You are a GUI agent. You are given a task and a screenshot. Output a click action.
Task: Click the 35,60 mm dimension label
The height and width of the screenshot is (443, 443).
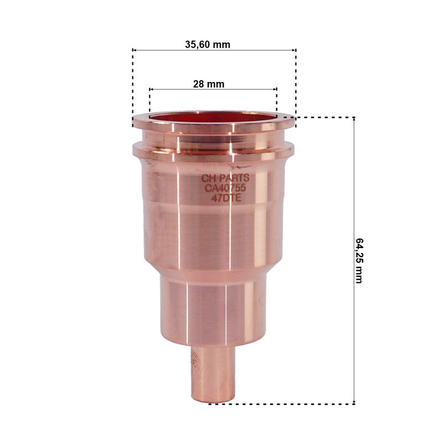(208, 45)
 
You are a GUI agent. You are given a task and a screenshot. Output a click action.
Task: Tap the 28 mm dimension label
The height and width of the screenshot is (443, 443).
(209, 84)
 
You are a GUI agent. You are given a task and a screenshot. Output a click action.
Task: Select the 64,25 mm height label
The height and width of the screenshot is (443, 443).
(359, 261)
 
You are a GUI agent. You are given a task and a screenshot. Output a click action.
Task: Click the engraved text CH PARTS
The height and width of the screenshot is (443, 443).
(225, 178)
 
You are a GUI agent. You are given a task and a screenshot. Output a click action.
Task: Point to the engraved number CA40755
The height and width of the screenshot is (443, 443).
(225, 188)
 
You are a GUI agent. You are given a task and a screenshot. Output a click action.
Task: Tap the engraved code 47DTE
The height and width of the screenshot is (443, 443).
(226, 198)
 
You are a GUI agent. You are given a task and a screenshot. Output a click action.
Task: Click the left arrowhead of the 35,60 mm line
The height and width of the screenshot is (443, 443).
(135, 50)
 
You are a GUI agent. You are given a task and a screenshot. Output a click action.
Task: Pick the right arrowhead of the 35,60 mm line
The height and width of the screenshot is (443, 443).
(294, 50)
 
